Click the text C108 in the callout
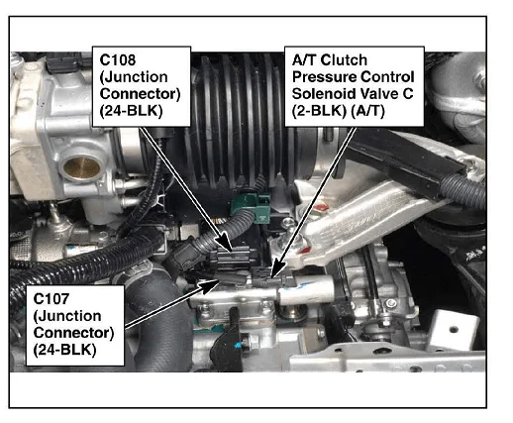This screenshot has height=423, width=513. click(x=118, y=60)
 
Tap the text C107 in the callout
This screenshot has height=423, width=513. click(x=51, y=299)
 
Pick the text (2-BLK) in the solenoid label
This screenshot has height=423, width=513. click(x=319, y=111)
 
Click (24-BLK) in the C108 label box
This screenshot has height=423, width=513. click(x=131, y=111)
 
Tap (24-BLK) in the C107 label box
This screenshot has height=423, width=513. click(x=64, y=350)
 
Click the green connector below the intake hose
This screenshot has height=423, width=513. click(x=251, y=205)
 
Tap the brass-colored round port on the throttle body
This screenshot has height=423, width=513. click(x=81, y=168)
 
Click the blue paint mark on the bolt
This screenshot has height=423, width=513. click(x=237, y=346)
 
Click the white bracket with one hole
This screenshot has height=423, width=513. click(x=453, y=330)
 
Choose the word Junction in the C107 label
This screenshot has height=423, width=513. click(x=67, y=316)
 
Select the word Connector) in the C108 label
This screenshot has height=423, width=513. click(x=140, y=94)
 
